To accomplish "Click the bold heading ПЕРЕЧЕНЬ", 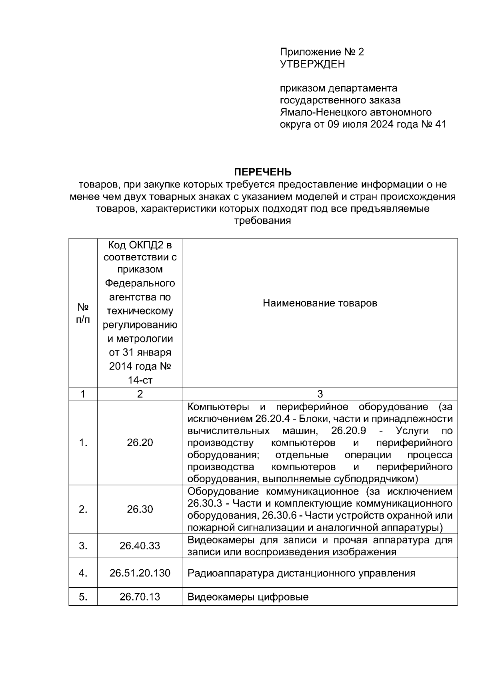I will coord(262,172).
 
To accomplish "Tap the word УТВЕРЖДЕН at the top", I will coord(312,64).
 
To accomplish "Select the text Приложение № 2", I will coord(322,52).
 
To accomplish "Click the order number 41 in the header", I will coord(440,124).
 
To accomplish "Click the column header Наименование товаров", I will coord(320,303).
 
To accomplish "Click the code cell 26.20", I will coord(140,443).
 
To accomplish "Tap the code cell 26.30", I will coord(140,509).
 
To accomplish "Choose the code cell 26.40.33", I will coord(140,546).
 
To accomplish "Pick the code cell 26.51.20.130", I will coord(140,573).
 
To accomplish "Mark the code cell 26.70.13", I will coord(140,597).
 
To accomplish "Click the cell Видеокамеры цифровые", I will coord(248,597).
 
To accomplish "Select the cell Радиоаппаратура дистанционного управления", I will coord(301,573).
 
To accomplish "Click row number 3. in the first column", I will coord(83,546).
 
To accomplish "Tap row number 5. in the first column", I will coord(83,597).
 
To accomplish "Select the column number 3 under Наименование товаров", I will coord(320,394).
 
